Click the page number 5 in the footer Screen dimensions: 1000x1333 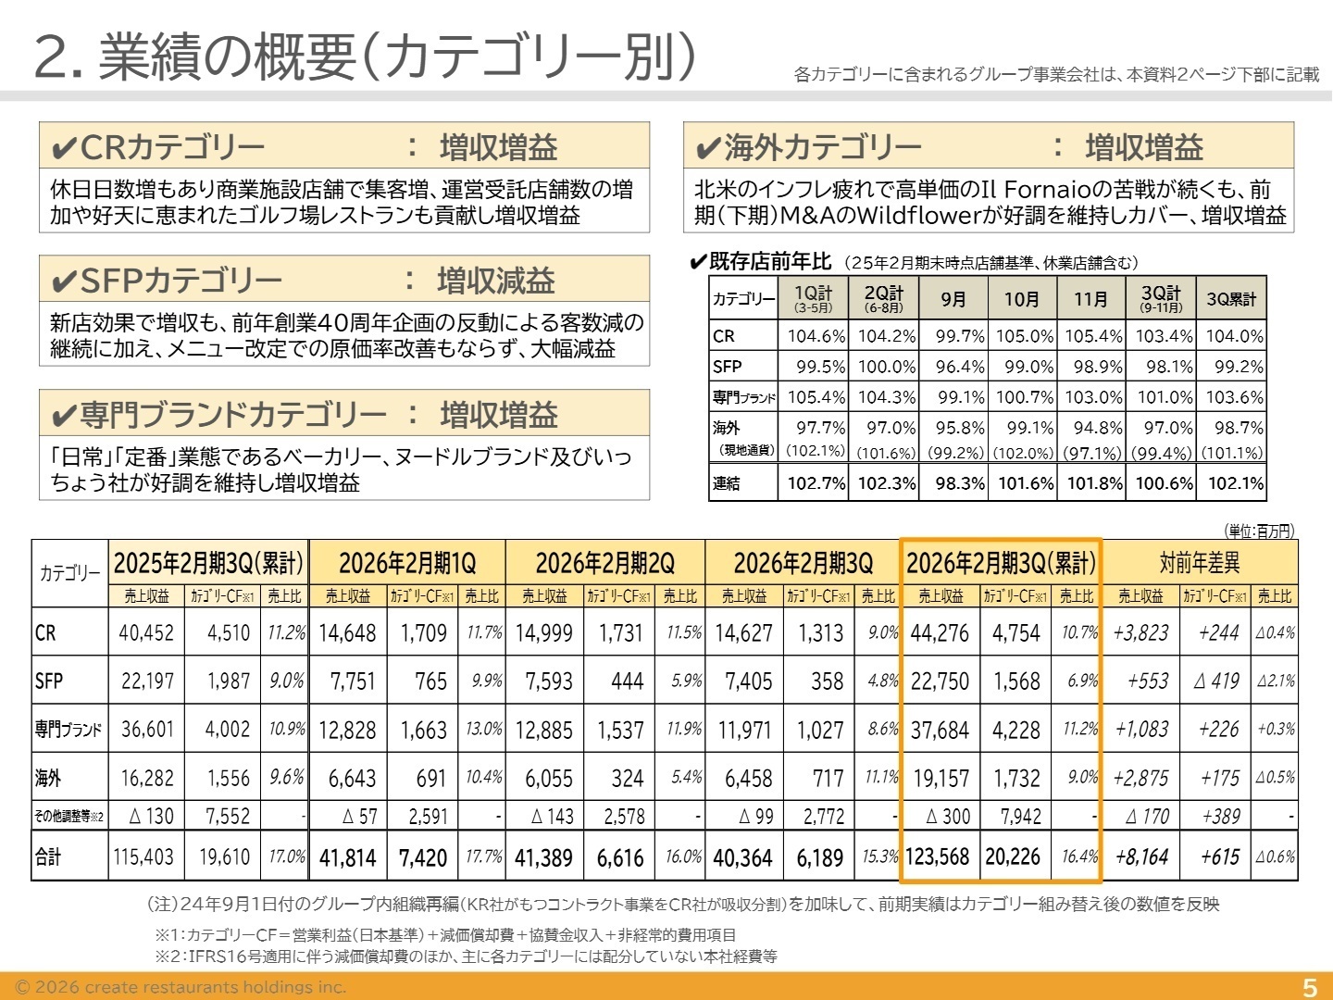pos(1309,987)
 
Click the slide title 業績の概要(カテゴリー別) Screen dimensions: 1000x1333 pos(365,56)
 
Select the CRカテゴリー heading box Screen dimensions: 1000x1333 pos(344,146)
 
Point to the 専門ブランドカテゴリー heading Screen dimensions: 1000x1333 pos(233,414)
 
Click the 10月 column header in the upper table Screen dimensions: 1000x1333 pos(1022,299)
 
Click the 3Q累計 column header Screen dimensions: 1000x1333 pos(1231,299)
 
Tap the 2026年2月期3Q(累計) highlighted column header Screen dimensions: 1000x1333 pos(1001,563)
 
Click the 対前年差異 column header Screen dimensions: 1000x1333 pos(1200,563)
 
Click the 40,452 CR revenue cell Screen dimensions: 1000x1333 pos(146,633)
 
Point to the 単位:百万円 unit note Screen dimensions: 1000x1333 pos(1260,531)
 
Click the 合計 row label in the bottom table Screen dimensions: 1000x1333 pos(48,857)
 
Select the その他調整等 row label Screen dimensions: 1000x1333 pos(69,817)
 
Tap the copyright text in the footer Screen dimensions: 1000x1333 pos(181,987)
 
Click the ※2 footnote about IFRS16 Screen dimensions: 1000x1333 pos(466,956)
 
